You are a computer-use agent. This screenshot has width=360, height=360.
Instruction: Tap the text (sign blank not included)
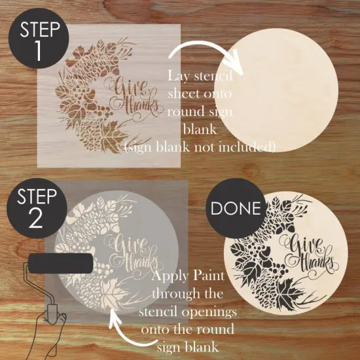click(x=200, y=145)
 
